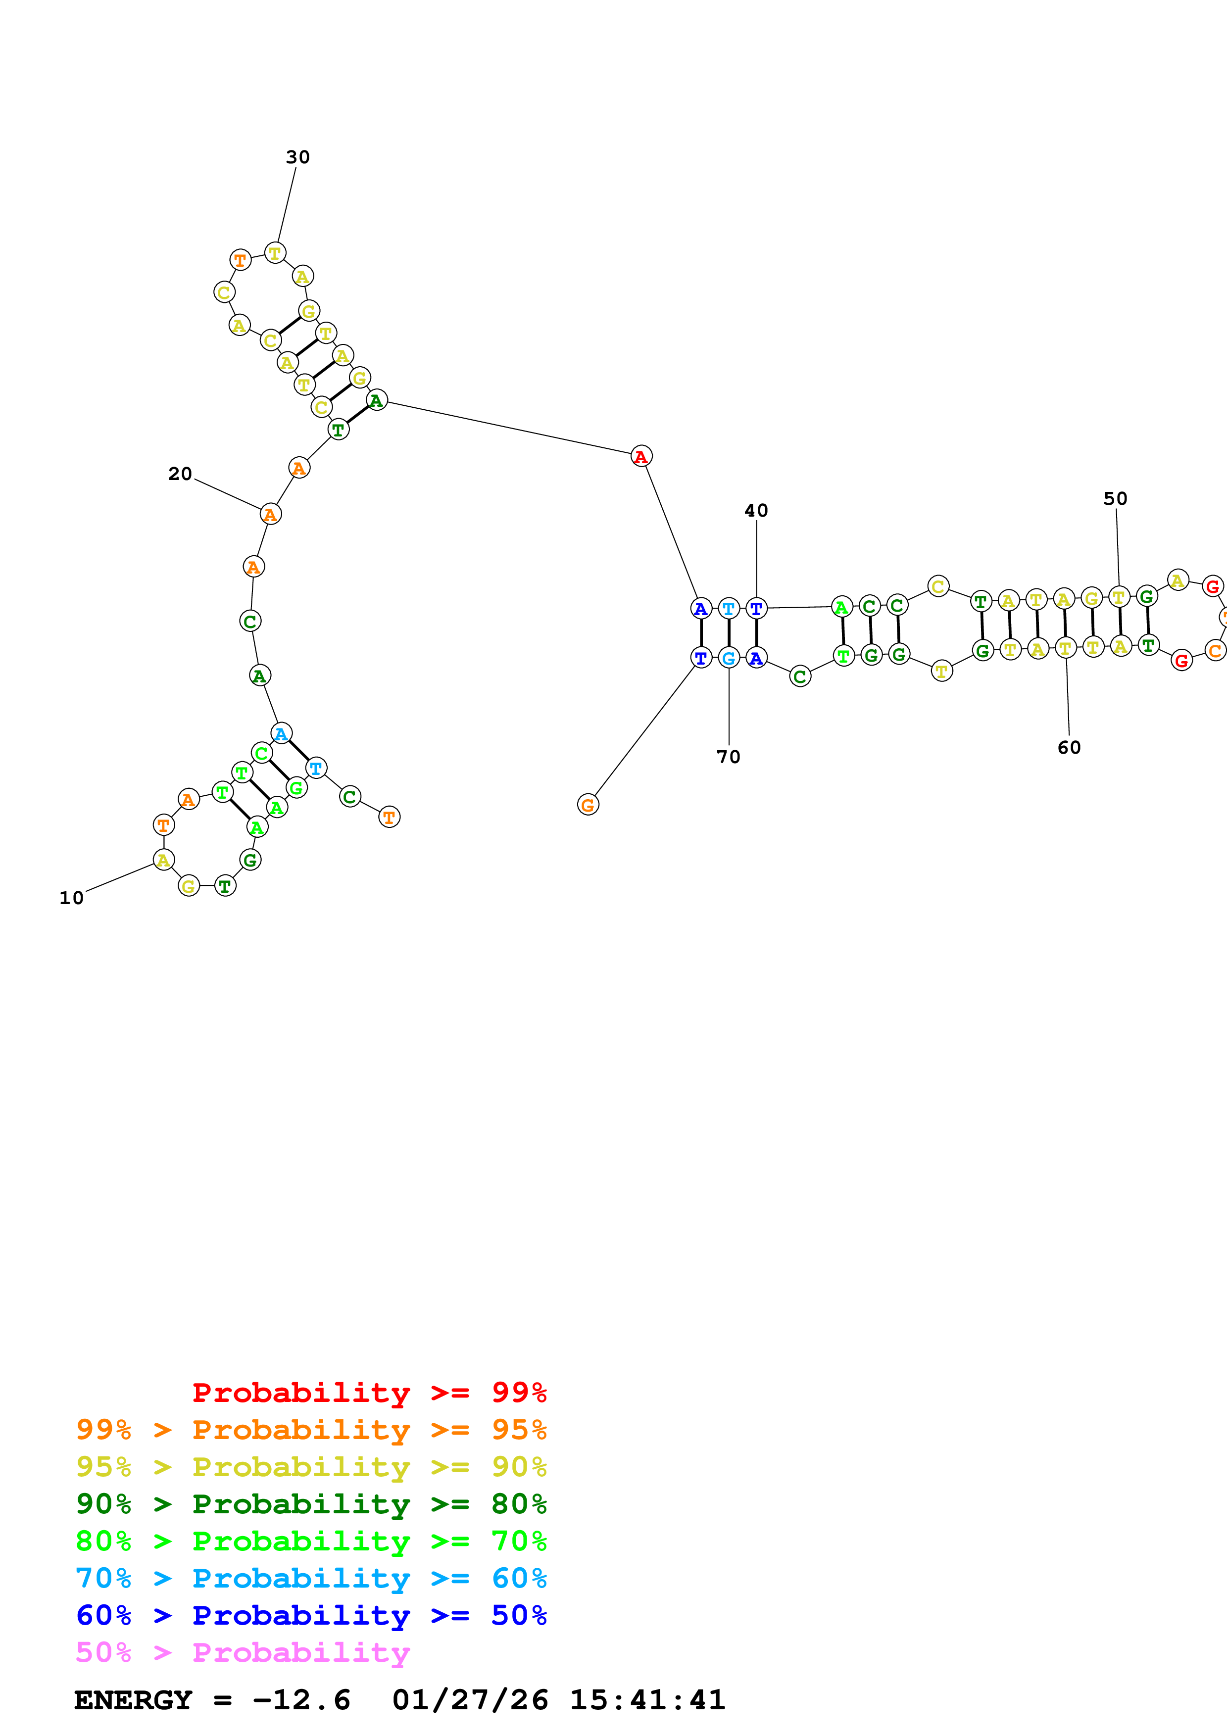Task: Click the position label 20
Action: click(x=180, y=474)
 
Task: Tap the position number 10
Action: click(x=72, y=898)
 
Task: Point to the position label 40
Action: click(x=756, y=511)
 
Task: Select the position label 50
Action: click(x=1115, y=499)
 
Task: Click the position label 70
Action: click(x=729, y=757)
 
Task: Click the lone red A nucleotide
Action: click(x=641, y=456)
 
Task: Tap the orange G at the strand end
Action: click(x=588, y=805)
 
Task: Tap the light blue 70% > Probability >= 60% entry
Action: click(x=311, y=1578)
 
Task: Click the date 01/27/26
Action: click(x=470, y=1700)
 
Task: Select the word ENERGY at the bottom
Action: click(x=133, y=1700)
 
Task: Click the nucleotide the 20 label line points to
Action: click(x=270, y=514)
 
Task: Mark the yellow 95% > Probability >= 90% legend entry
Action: click(x=311, y=1466)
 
